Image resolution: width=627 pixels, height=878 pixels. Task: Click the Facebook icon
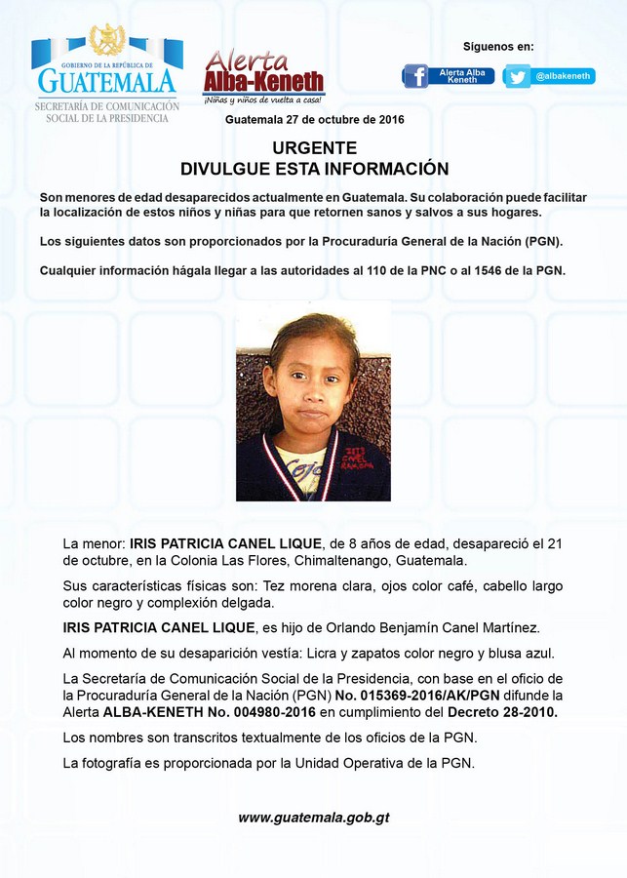point(415,76)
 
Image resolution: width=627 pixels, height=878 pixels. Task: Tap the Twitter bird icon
point(517,76)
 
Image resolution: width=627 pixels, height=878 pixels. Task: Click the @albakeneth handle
point(563,76)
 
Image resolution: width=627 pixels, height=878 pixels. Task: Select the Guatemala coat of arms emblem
point(106,40)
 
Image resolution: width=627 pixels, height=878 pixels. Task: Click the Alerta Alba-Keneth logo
point(263,76)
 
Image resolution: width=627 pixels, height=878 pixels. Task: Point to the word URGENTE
point(314,148)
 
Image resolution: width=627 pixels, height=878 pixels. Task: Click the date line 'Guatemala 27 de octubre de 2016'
point(314,119)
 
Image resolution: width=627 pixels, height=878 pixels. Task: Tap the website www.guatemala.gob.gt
point(314,818)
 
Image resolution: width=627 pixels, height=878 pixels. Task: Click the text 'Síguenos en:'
point(498,46)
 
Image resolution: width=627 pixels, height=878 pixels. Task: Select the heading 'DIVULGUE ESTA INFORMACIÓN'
point(314,169)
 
